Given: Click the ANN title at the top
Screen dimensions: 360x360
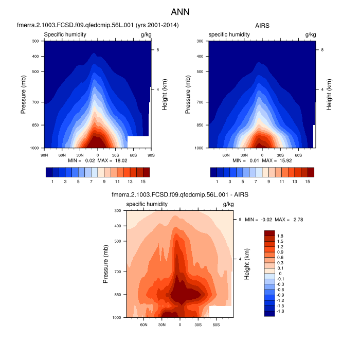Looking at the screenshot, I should point(180,11).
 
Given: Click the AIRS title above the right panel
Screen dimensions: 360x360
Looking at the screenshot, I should point(262,25).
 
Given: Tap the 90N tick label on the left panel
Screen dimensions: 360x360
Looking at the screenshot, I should point(44,154).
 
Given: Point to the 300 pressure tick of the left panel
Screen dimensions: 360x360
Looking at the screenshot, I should point(36,41).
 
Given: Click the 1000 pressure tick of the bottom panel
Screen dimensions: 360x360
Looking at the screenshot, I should point(117,318).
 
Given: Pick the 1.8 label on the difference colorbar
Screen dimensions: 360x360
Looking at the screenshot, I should point(280,236).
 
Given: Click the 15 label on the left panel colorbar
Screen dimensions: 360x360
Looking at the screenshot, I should point(142,182).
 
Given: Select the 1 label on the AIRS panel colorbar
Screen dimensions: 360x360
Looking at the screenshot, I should point(217,182).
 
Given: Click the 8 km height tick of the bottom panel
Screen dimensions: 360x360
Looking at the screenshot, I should point(240,220).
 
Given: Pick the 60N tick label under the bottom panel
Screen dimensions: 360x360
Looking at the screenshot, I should point(143,325).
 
